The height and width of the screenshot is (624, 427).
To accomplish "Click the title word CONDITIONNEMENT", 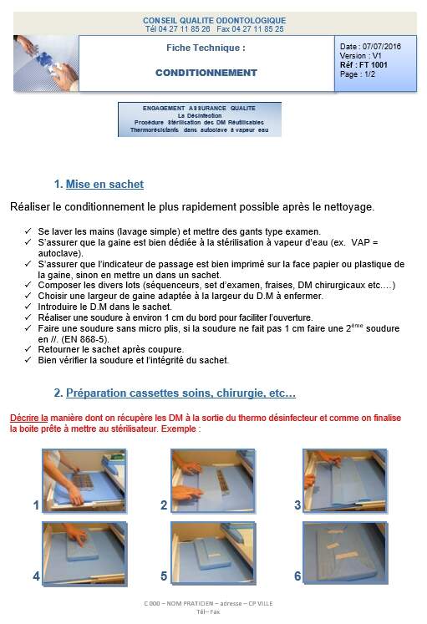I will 206,73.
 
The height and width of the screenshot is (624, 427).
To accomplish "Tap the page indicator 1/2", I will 369,74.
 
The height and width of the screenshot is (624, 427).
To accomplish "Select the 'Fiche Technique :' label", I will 206,48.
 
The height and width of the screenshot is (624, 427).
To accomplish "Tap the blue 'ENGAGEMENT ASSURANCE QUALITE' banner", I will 200,119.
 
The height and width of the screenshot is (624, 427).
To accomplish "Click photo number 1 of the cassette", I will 74,480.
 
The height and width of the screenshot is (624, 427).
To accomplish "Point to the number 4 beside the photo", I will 36,576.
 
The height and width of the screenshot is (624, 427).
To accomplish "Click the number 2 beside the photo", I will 164,505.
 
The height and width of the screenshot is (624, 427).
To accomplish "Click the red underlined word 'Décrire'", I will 25,418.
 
